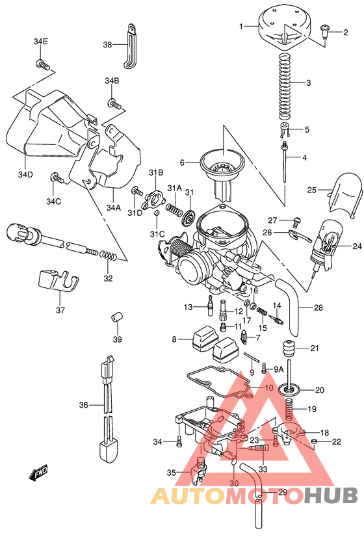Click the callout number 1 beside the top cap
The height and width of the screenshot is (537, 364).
pos(241,26)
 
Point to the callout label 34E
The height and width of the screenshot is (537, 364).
pos(41,42)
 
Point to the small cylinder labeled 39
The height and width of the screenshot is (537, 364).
pos(116,317)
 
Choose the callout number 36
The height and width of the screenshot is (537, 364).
pos(83,405)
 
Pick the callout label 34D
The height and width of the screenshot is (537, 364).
pos(25,174)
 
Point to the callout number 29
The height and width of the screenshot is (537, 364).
pos(282,492)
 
